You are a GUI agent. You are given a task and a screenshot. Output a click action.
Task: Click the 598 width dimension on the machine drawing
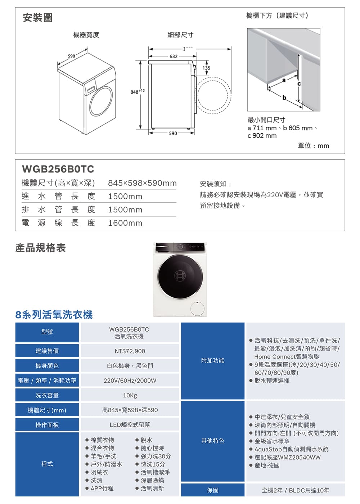71,56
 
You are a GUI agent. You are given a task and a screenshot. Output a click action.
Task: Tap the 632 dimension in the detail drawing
174,57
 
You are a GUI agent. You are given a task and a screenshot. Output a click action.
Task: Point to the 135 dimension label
206,68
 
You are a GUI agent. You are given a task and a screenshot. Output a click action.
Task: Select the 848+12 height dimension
137,91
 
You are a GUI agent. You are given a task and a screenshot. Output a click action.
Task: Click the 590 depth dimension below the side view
173,134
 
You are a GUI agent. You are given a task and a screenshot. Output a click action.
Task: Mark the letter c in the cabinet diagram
299,84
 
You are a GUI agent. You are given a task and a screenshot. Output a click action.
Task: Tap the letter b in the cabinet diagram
284,97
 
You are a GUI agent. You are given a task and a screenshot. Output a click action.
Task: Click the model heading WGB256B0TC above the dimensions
58,169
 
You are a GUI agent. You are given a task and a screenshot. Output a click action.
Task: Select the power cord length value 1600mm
125,223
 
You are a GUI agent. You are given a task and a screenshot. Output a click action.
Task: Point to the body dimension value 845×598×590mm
142,183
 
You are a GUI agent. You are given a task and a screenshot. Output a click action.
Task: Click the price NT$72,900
130,351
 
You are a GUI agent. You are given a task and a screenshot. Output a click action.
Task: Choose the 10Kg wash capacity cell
130,396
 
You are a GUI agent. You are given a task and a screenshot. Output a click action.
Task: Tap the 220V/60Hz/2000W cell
130,381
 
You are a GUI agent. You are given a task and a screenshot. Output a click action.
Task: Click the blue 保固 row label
213,490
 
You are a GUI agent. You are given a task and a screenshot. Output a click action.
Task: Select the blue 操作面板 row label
47,425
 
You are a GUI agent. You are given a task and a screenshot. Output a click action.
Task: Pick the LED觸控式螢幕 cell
130,425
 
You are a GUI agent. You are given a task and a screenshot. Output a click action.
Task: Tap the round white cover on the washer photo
197,309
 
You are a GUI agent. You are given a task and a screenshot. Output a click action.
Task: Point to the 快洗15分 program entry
153,464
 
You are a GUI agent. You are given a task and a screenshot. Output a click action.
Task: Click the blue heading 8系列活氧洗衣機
54,315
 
